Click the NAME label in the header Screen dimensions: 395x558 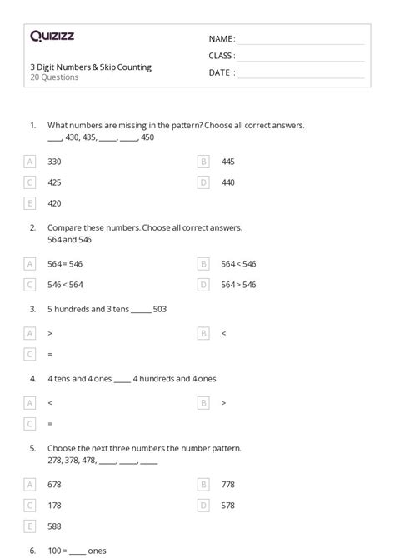click(x=222, y=39)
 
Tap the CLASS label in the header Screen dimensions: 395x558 click(x=222, y=56)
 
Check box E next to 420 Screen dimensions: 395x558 click(x=31, y=202)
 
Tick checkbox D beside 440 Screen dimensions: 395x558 click(x=203, y=182)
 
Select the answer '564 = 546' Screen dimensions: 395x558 click(x=65, y=264)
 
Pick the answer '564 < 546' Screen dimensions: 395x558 click(x=238, y=264)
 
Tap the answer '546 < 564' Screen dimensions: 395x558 click(x=65, y=285)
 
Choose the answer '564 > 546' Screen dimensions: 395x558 click(x=238, y=285)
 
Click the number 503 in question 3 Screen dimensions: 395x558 click(x=160, y=309)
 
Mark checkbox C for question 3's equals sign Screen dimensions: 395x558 click(x=31, y=354)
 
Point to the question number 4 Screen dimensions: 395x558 click(x=32, y=378)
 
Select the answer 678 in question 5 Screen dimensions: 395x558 click(x=55, y=484)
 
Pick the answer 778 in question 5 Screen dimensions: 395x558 click(x=227, y=484)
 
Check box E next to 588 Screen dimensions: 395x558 click(x=31, y=526)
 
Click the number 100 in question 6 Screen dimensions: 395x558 click(x=54, y=551)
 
